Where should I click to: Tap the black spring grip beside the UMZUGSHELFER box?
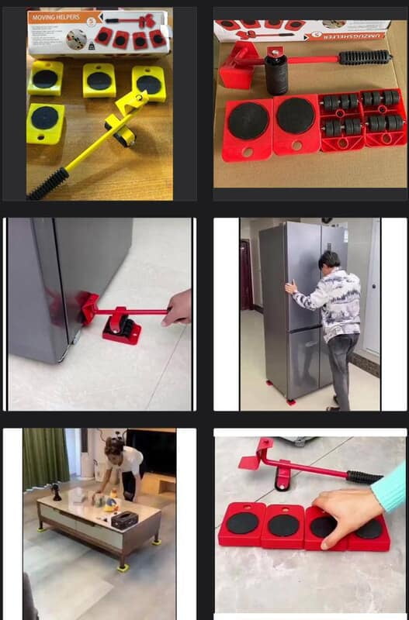(364, 57)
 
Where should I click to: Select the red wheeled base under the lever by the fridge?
(121, 329)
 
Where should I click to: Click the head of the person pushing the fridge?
(328, 260)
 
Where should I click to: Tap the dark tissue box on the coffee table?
(124, 518)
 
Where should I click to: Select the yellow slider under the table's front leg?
(123, 567)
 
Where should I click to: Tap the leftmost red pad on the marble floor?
(242, 523)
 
